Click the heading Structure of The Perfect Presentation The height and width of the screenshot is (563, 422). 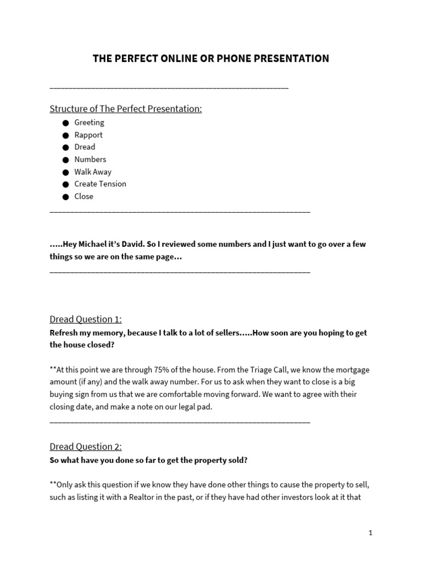pyautogui.click(x=126, y=109)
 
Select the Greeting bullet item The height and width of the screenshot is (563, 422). pyautogui.click(x=89, y=123)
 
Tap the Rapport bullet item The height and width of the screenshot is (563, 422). pyautogui.click(x=88, y=135)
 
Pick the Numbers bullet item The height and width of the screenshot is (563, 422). pyautogui.click(x=90, y=159)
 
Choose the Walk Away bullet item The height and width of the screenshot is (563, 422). pyautogui.click(x=93, y=172)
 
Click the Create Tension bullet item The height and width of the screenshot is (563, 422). pyautogui.click(x=100, y=184)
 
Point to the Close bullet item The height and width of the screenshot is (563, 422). pyautogui.click(x=84, y=196)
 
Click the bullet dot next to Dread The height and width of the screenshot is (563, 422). pyautogui.click(x=65, y=147)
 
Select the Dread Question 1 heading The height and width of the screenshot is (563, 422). pyautogui.click(x=86, y=319)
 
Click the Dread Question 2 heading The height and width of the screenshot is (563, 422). pyautogui.click(x=86, y=447)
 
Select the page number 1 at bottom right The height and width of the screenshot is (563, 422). pyautogui.click(x=370, y=533)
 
